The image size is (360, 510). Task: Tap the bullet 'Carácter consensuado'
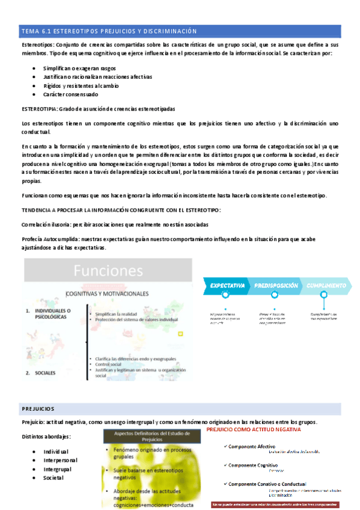pos(70,94)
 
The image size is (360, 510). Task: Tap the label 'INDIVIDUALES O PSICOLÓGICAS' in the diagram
pos(47,315)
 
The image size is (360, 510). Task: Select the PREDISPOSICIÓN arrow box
pos(275,285)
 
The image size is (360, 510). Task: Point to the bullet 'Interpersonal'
pos(60,460)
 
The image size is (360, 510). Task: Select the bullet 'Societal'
pos(55,477)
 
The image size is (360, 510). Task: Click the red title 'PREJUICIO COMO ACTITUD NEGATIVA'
pos(261,431)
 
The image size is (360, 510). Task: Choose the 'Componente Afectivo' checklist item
pos(250,446)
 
